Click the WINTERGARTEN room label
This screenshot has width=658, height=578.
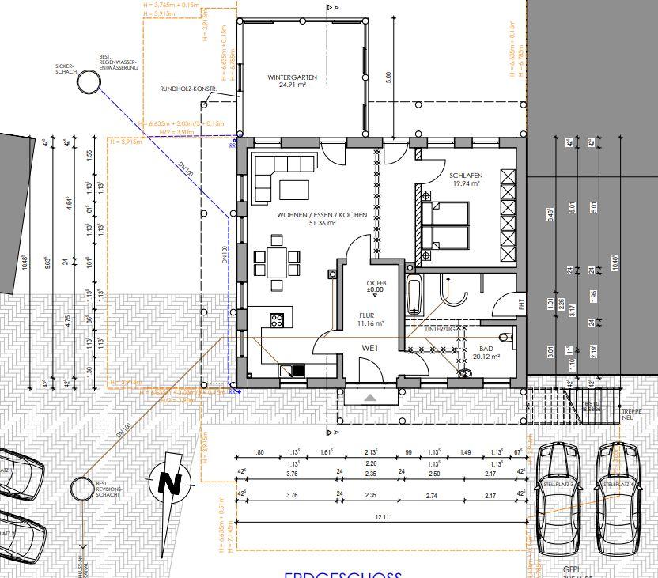pyautogui.click(x=292, y=77)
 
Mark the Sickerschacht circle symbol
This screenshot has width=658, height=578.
pyautogui.click(x=89, y=82)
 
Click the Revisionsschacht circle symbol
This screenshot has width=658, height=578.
pyautogui.click(x=81, y=489)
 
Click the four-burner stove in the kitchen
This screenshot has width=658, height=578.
pyautogui.click(x=278, y=320)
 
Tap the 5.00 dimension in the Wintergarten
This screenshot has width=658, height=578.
pyautogui.click(x=388, y=77)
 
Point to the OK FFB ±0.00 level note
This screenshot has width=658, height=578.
pyautogui.click(x=376, y=287)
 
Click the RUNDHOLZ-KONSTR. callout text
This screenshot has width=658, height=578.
pyautogui.click(x=187, y=89)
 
